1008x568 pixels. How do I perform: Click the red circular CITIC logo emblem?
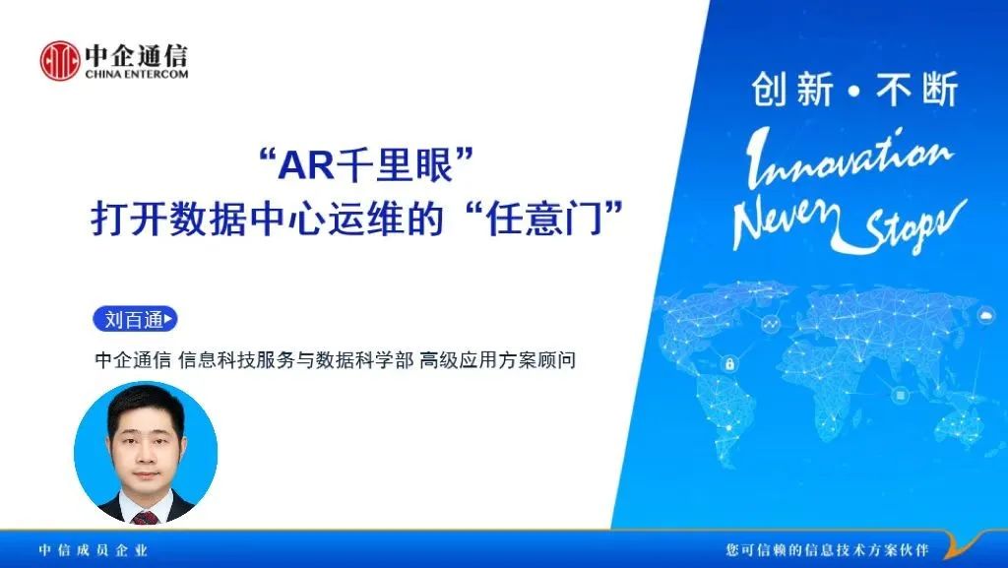[60, 61]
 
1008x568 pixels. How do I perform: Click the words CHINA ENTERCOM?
[137, 74]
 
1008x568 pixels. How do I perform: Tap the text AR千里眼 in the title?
[366, 165]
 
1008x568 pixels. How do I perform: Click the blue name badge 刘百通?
[135, 319]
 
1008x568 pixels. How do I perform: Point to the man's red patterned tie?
[146, 517]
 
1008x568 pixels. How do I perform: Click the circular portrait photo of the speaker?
[146, 453]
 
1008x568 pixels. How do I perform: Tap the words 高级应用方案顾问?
[497, 360]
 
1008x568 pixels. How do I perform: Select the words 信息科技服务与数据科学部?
[295, 360]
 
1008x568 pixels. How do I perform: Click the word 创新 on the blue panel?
[792, 89]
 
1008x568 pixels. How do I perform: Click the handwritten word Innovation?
[849, 158]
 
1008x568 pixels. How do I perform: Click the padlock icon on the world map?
[729, 364]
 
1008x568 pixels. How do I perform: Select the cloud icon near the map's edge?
[984, 315]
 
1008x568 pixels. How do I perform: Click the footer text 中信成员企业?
[94, 550]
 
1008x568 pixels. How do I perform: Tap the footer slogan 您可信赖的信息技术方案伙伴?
[827, 550]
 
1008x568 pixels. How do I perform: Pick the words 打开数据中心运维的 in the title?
[268, 219]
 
